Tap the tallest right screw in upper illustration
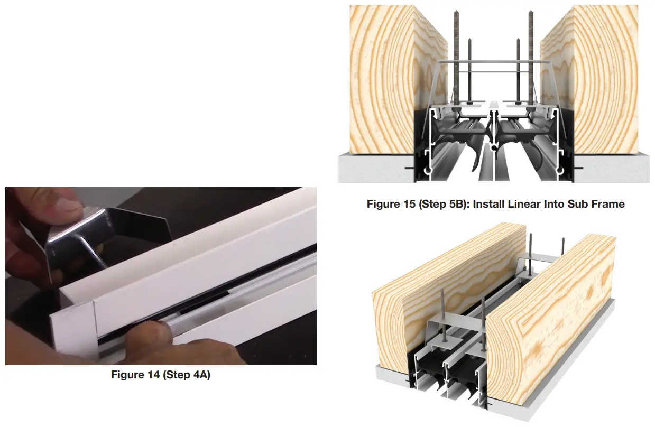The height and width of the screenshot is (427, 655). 530,53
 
